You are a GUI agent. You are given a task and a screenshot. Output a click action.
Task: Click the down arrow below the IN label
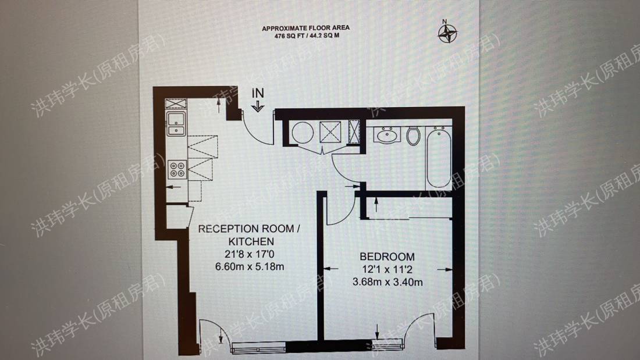pyautogui.click(x=258, y=106)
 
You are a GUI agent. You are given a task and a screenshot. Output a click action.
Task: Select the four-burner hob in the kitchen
pyautogui.click(x=176, y=169)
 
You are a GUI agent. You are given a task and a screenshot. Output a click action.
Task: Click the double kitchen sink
pyautogui.click(x=176, y=123)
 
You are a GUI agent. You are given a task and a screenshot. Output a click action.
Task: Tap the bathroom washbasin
pyautogui.click(x=386, y=136)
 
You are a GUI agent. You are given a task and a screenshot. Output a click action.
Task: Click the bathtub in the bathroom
pyautogui.click(x=438, y=158)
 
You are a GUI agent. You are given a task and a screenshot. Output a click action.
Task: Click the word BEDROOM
pyautogui.click(x=387, y=256)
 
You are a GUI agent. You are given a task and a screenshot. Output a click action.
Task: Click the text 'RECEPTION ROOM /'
pyautogui.click(x=249, y=229)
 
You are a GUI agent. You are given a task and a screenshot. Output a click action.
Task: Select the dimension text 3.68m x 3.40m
pyautogui.click(x=387, y=283)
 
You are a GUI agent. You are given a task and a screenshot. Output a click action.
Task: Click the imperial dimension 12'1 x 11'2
pyautogui.click(x=387, y=270)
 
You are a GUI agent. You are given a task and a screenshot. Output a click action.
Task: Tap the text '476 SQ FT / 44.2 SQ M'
pyautogui.click(x=305, y=36)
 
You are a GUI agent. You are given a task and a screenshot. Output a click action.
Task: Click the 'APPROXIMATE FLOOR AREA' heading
pyautogui.click(x=305, y=28)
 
